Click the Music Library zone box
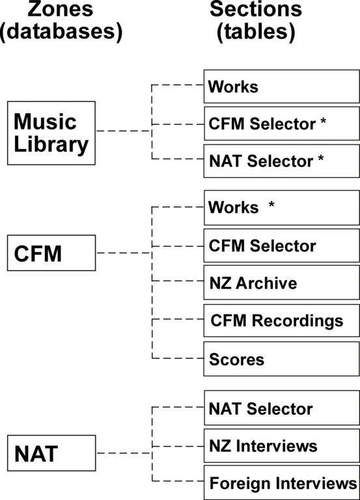click(51, 133)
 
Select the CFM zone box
click(51, 253)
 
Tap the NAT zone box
click(51, 453)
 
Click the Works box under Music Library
click(282, 87)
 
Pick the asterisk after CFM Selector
click(323, 122)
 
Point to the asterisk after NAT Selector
click(321, 158)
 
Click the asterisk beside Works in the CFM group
click(271, 204)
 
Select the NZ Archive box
click(282, 282)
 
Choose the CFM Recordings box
click(282, 320)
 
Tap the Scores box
click(282, 359)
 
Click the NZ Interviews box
click(282, 445)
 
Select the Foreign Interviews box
click(282, 482)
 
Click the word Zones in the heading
click(61, 9)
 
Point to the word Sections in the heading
click(256, 9)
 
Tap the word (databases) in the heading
click(61, 32)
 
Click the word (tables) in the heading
click(256, 32)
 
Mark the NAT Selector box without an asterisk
click(282, 408)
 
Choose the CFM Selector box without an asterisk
click(282, 245)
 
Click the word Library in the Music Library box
click(51, 145)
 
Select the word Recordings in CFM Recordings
click(298, 322)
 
